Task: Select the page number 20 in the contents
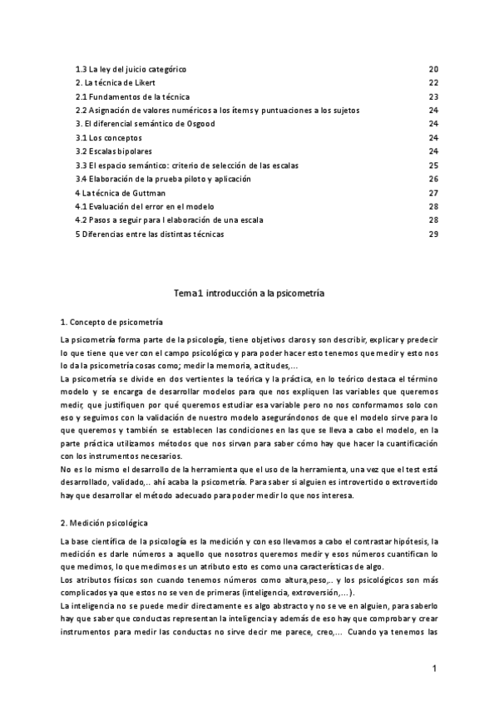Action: pyautogui.click(x=433, y=69)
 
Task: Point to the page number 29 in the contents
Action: pyautogui.click(x=433, y=234)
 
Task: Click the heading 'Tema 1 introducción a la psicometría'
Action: pyautogui.click(x=249, y=293)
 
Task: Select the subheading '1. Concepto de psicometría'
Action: pyautogui.click(x=111, y=322)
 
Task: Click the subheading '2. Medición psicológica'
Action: pyautogui.click(x=105, y=524)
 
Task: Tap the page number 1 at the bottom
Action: pyautogui.click(x=434, y=668)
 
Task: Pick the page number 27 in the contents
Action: pyautogui.click(x=433, y=193)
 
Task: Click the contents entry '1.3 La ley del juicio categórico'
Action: pyautogui.click(x=131, y=69)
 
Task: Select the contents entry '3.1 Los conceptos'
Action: pyautogui.click(x=109, y=137)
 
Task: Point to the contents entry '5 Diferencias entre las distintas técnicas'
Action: pyautogui.click(x=150, y=234)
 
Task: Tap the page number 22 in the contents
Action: pyautogui.click(x=433, y=82)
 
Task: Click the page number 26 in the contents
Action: pyautogui.click(x=433, y=179)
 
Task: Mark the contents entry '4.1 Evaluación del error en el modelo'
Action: pyautogui.click(x=145, y=206)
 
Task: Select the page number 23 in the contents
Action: pyautogui.click(x=433, y=96)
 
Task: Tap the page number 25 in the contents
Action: pyautogui.click(x=433, y=165)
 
